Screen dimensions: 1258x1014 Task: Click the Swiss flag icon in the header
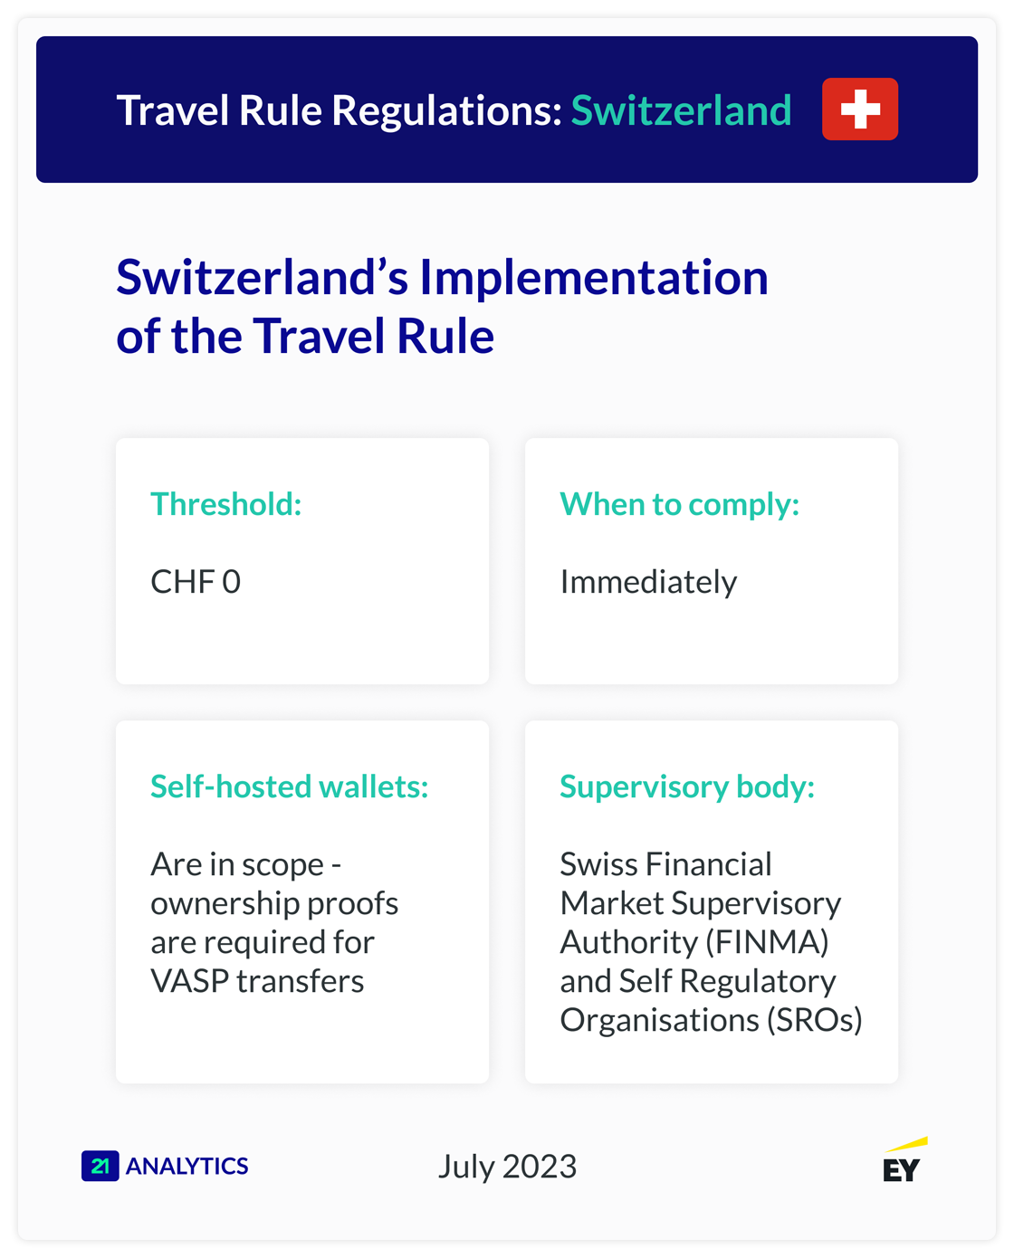[859, 110]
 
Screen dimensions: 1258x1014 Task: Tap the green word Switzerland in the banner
[681, 111]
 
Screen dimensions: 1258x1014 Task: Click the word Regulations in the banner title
[446, 111]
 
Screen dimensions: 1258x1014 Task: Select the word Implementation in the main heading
[593, 278]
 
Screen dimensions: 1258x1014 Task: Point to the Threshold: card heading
[226, 504]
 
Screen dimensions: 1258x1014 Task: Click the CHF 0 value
[196, 582]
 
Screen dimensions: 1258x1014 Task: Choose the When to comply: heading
[679, 504]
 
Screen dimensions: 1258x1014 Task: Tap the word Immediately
[648, 582]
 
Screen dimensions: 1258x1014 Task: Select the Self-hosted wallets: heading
[289, 786]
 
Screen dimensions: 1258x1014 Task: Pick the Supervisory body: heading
[686, 786]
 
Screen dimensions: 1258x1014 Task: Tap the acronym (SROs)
[814, 1020]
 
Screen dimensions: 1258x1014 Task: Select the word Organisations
[659, 1020]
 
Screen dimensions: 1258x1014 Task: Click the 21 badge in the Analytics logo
[100, 1166]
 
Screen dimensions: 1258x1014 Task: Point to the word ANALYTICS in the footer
[187, 1166]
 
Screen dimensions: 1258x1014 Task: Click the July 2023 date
[507, 1167]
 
